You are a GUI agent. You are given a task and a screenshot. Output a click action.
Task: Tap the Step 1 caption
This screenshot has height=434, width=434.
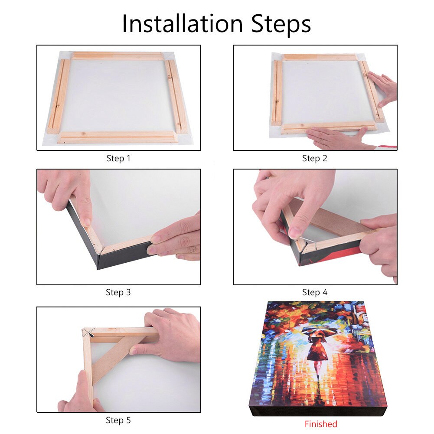[118, 158]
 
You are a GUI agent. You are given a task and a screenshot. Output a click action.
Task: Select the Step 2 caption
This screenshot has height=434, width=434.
[314, 158]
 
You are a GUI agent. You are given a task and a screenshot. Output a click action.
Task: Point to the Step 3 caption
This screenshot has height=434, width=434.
[118, 292]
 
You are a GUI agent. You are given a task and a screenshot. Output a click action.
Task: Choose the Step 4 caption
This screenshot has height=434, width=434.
[314, 292]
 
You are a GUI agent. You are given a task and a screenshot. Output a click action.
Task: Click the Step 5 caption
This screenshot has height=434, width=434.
[118, 420]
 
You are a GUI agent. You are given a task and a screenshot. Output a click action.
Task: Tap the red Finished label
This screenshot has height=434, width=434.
[320, 424]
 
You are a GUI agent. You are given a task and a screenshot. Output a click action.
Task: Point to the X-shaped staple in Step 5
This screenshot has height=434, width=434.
[89, 333]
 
